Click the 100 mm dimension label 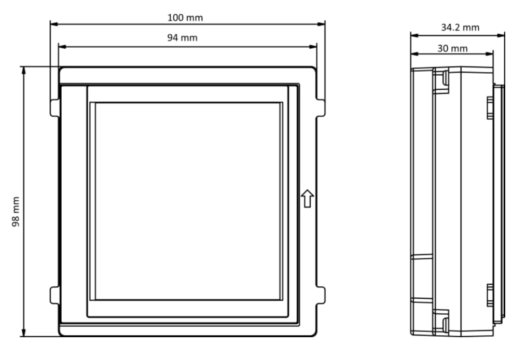coord(185,18)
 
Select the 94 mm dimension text coord(182,37)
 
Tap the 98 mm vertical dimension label coord(16,212)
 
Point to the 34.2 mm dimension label coord(460,27)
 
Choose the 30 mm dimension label coord(452,49)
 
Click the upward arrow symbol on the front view coord(307,198)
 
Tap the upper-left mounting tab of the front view coord(54,108)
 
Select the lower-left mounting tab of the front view coord(54,296)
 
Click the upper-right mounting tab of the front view coord(321,108)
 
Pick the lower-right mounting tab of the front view coord(321,296)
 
